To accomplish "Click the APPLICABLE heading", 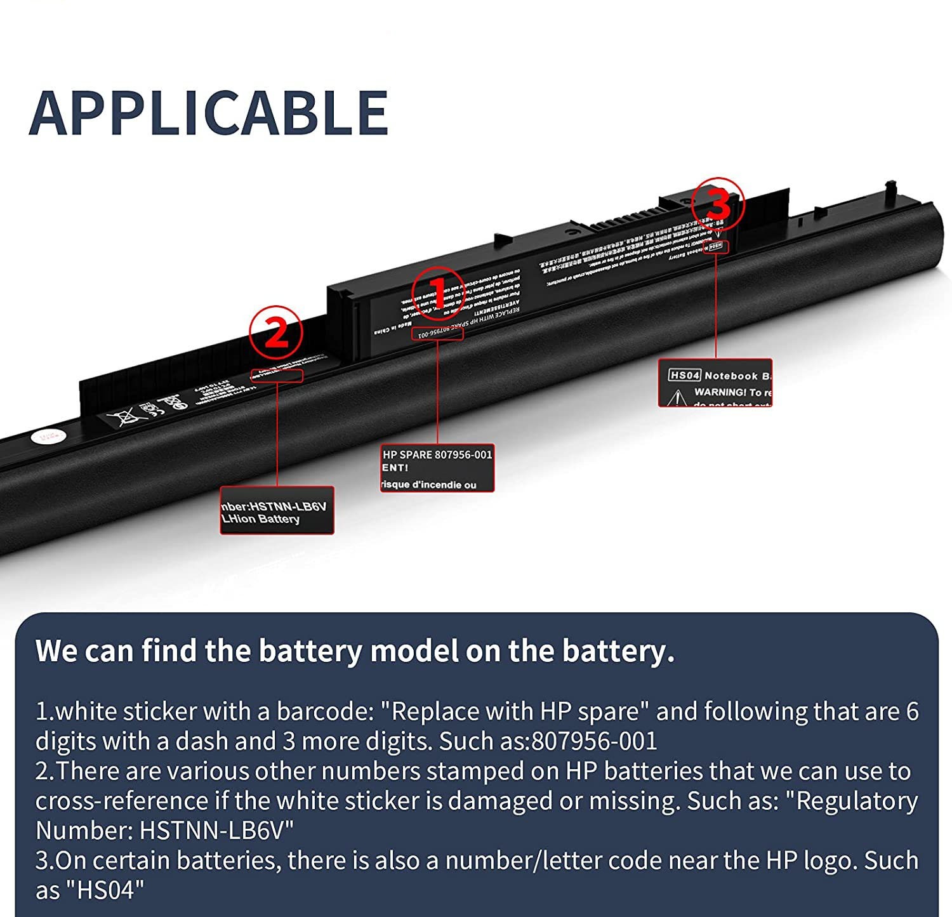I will click(209, 113).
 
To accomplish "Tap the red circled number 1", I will click(438, 294).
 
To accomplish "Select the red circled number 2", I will click(275, 333).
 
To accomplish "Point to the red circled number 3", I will click(717, 204).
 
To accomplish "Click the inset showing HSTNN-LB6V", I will click(277, 510).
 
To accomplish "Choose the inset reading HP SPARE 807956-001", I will click(437, 468).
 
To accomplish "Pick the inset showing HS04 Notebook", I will click(715, 383).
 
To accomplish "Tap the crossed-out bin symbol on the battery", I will click(122, 418).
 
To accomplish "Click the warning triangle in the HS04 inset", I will click(677, 397).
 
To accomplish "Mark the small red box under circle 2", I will click(277, 376).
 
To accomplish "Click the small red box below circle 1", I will click(437, 333).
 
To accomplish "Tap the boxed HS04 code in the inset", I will click(685, 375).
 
